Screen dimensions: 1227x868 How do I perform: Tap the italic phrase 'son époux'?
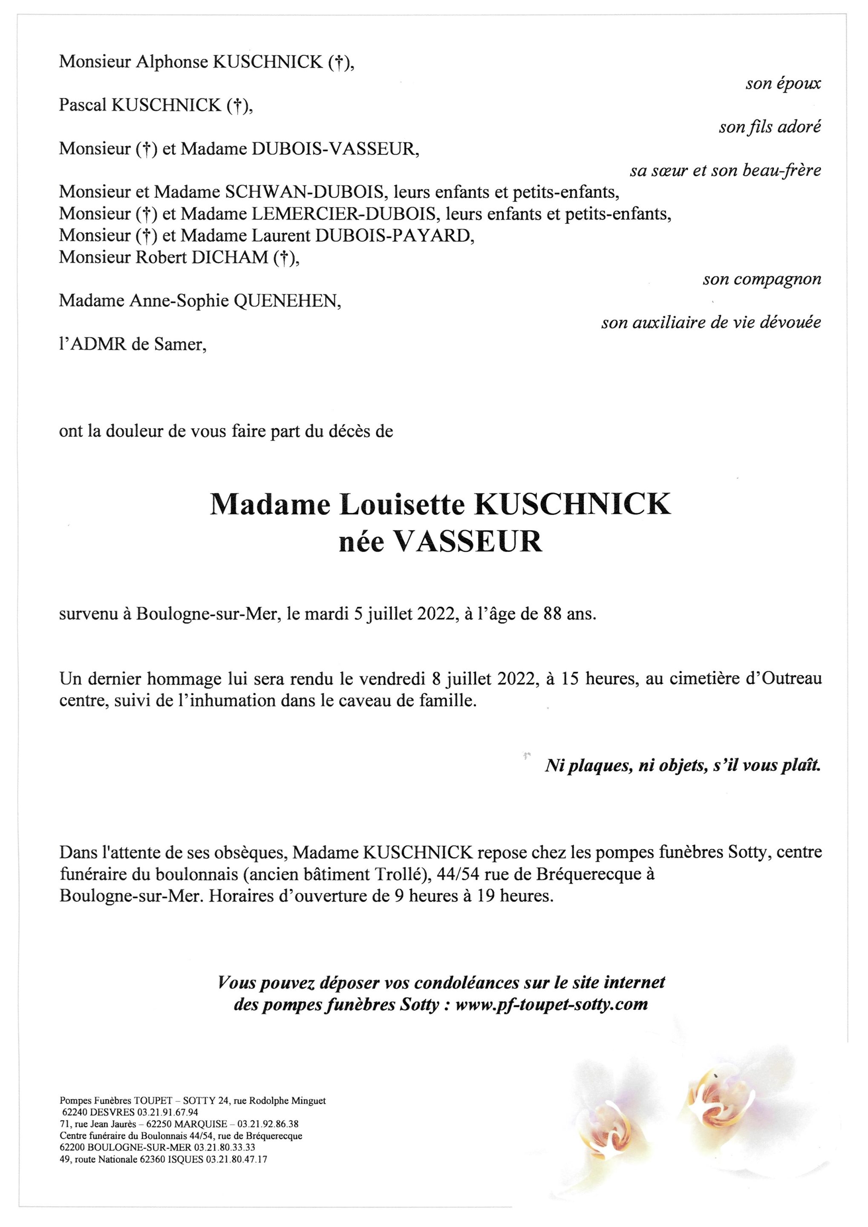tap(783, 84)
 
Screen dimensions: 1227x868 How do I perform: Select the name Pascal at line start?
tap(83, 106)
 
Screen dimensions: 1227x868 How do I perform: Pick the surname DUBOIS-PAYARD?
tap(395, 235)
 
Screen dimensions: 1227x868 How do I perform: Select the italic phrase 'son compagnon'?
tap(761, 279)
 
